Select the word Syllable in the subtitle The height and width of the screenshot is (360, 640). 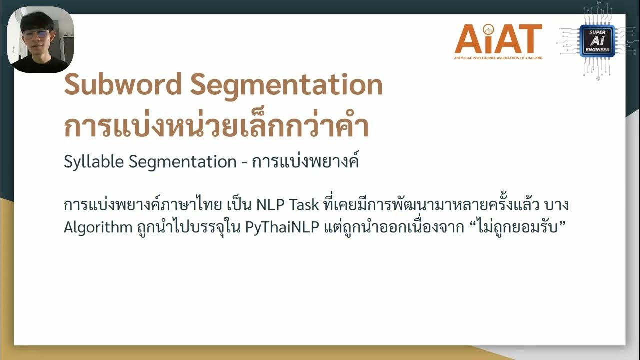tap(94, 162)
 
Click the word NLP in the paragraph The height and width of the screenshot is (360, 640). tap(270, 205)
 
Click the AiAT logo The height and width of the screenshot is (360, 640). tap(498, 39)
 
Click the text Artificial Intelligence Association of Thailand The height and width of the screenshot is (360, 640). tap(498, 58)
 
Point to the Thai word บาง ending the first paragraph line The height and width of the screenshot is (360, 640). tap(558, 205)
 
